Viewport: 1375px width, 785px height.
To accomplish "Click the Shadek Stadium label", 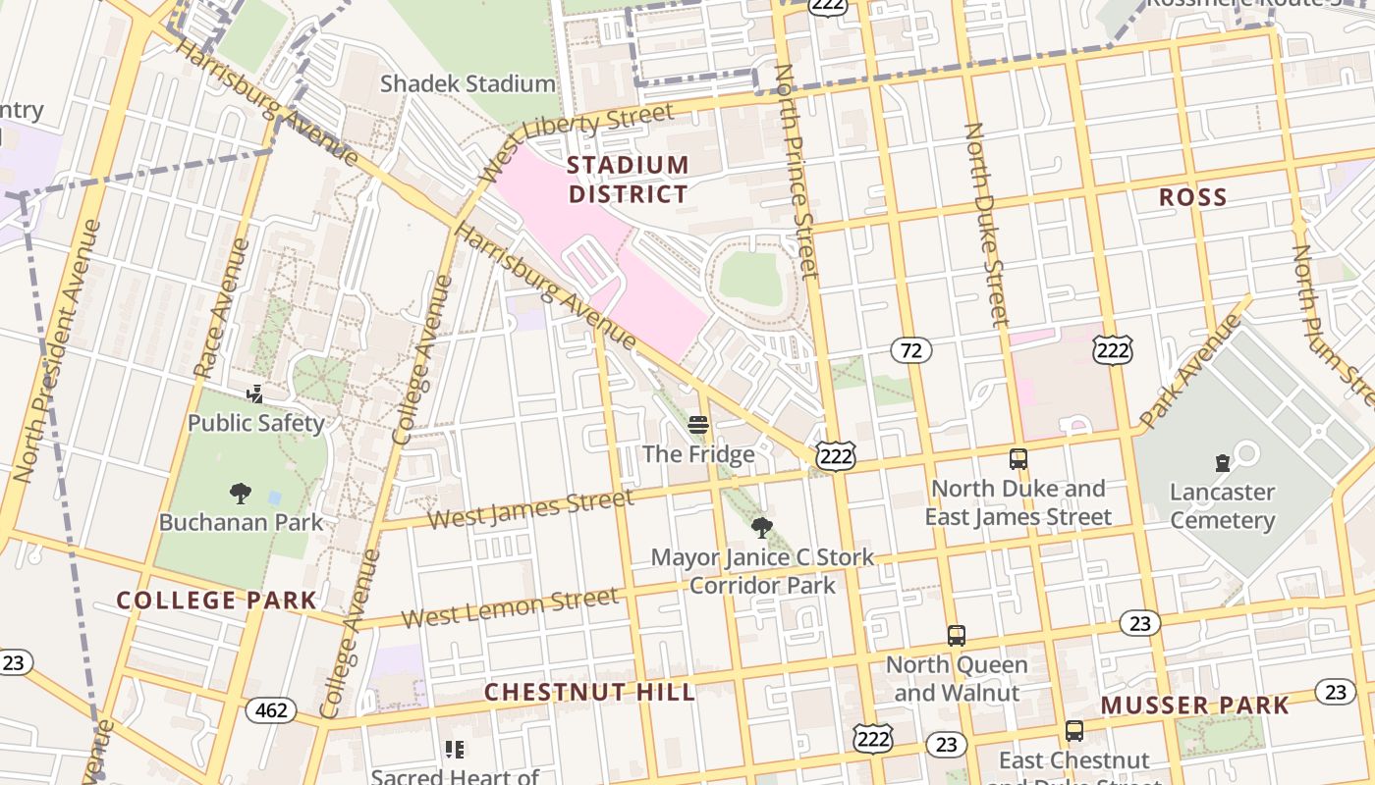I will point(467,84).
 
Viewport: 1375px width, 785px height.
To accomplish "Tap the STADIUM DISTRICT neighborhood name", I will point(628,180).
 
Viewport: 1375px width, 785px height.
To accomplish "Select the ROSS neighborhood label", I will point(1192,197).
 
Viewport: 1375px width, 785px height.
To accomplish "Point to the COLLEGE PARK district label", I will point(216,601).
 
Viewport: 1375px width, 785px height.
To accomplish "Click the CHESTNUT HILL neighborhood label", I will point(589,692).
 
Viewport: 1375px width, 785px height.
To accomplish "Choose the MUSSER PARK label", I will point(1194,706).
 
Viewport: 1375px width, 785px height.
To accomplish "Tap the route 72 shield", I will point(911,350).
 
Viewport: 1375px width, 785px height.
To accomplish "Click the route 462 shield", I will point(270,709).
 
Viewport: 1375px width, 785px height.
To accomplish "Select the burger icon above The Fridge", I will point(698,425).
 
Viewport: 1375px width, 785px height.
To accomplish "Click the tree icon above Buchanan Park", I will point(240,494).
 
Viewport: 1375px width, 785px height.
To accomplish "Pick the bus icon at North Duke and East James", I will point(1018,459).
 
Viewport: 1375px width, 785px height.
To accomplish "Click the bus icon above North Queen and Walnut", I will point(956,636).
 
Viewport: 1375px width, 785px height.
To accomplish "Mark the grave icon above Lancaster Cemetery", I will point(1222,462).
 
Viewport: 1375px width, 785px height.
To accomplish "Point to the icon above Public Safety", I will point(255,394).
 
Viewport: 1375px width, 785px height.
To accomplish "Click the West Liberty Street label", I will point(577,141).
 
